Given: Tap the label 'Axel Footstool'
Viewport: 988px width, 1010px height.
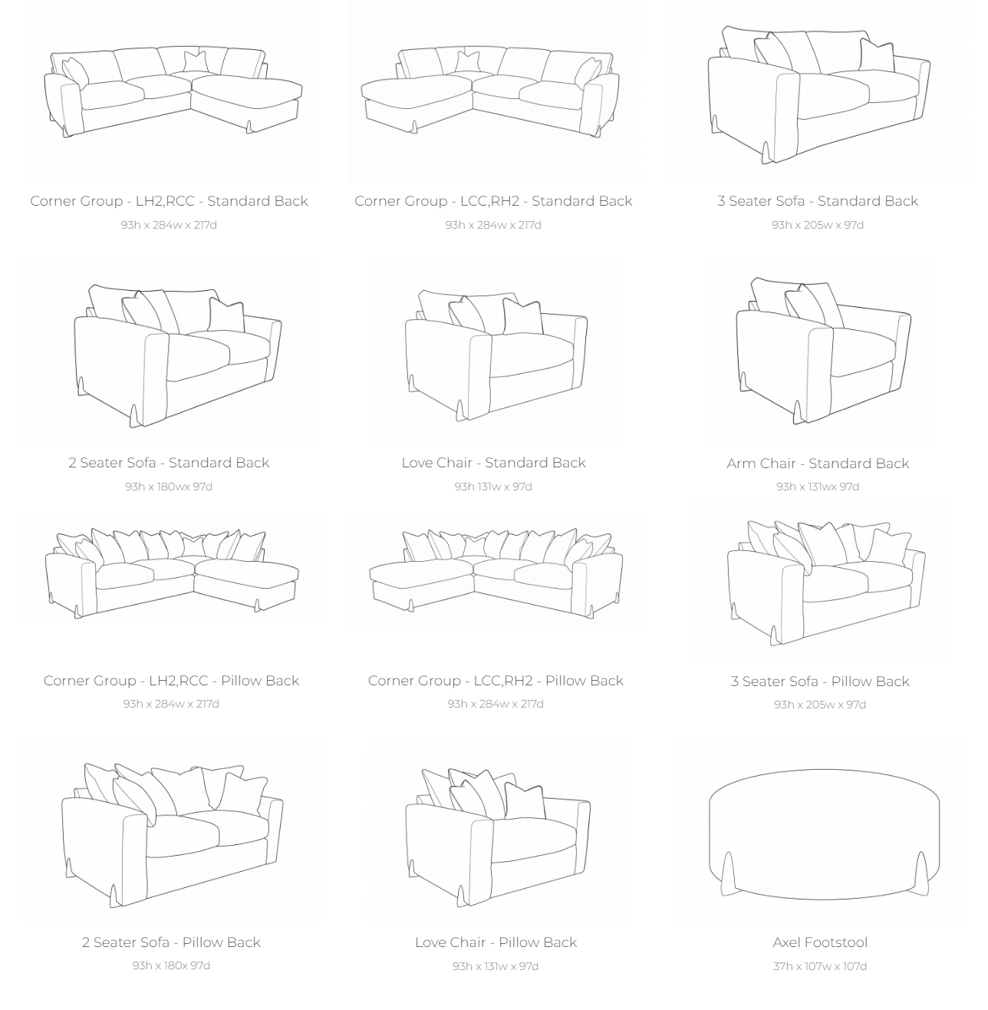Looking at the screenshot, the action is click(820, 942).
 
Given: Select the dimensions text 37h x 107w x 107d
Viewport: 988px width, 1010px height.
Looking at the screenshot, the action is click(820, 966).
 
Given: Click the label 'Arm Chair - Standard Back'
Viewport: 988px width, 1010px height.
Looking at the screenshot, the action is click(818, 464).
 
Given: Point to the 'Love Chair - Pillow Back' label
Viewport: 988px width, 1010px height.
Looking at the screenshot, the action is click(496, 942).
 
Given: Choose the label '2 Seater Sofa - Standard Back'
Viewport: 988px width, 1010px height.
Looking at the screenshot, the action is click(169, 463).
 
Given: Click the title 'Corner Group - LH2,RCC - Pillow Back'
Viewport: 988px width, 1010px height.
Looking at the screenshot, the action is click(171, 681).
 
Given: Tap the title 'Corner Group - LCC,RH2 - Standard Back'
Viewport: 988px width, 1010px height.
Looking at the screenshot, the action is click(493, 201).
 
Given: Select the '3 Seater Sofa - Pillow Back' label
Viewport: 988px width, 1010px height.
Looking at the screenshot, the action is click(820, 682).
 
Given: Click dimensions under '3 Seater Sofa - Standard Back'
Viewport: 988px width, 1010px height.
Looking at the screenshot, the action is click(818, 225).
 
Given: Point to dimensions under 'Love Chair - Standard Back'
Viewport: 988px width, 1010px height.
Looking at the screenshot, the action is click(493, 487).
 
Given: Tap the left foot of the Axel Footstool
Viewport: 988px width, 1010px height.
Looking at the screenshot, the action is click(728, 873).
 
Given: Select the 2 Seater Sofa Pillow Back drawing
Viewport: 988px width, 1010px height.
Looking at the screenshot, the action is click(173, 834).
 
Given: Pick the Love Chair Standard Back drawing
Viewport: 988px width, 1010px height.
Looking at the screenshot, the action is click(496, 355).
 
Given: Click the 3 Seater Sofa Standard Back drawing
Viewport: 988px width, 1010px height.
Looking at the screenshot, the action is click(818, 94).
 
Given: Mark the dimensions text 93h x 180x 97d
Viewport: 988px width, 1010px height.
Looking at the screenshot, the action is click(171, 965).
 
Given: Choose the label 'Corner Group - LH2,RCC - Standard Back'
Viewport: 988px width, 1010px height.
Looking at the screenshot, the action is click(169, 201).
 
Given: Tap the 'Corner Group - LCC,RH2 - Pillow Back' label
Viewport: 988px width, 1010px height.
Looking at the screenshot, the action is click(496, 681).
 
